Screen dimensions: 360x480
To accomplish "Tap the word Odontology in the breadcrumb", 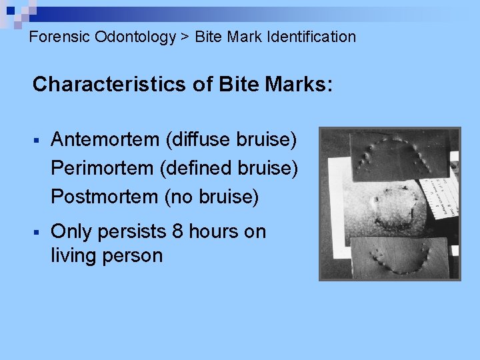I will point(135,37).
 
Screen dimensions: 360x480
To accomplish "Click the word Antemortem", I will point(105,139).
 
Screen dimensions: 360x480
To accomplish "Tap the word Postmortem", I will point(104,197).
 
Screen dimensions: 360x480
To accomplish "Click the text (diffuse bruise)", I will point(231,139).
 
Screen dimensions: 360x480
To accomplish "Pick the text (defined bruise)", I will point(229,168).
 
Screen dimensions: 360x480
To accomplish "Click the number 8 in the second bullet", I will point(177,232).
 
